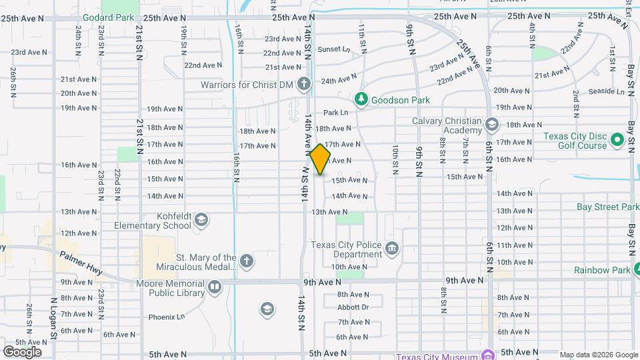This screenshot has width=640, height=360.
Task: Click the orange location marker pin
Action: [x=320, y=159]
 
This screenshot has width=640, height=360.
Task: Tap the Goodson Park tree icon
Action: [x=361, y=99]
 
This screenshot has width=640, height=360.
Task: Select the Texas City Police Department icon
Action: [x=392, y=249]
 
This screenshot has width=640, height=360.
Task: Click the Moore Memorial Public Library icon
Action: [x=215, y=287]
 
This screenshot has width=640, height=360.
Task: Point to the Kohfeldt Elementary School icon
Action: [x=202, y=220]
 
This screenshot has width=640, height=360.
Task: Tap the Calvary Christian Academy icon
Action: [x=491, y=125]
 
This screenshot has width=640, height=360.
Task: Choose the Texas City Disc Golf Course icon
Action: [x=617, y=141]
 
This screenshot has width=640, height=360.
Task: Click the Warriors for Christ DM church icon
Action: [x=304, y=85]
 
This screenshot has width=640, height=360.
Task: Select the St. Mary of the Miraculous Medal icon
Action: [x=247, y=261]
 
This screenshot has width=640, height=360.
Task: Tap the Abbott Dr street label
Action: [x=353, y=307]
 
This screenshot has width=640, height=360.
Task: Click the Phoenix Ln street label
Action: [x=166, y=317]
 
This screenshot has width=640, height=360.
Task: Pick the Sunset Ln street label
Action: [x=333, y=49]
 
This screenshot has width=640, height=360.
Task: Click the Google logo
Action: [x=22, y=351]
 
